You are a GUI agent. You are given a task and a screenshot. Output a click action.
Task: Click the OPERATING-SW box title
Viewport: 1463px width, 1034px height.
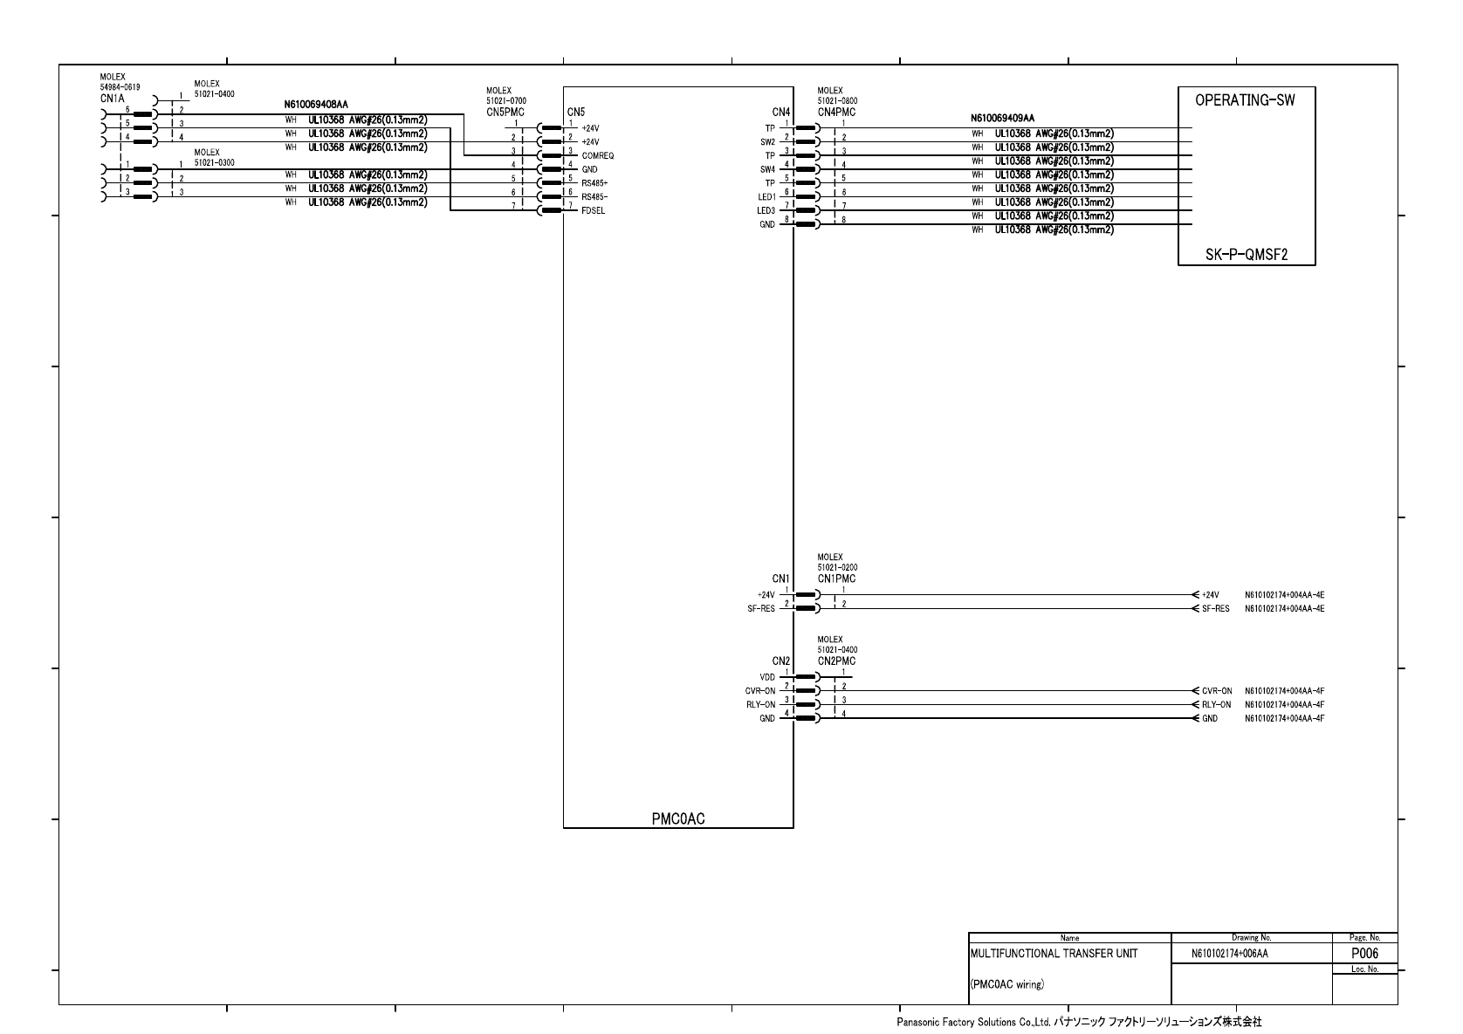pyautogui.click(x=1245, y=99)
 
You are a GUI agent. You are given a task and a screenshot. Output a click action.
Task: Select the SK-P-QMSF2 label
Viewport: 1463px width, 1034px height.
pyautogui.click(x=1247, y=256)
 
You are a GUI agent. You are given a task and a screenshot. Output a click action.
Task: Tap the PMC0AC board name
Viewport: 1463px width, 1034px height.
pyautogui.click(x=677, y=818)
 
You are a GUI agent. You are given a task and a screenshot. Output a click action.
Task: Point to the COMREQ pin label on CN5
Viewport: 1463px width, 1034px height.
pyautogui.click(x=598, y=155)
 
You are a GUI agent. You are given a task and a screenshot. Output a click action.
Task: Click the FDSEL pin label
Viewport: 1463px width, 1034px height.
pyautogui.click(x=594, y=210)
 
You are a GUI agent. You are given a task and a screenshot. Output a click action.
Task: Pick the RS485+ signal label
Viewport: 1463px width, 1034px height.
pyautogui.click(x=594, y=183)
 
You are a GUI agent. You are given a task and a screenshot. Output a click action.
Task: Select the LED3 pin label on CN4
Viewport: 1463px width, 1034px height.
pyautogui.click(x=766, y=210)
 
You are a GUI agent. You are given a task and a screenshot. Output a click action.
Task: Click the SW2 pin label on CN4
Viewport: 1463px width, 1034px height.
pyautogui.click(x=767, y=141)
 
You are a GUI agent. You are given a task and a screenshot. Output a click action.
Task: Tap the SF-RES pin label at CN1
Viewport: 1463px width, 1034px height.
pyautogui.click(x=755, y=609)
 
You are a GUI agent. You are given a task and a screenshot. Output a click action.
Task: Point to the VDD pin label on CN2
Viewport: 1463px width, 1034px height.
pyautogui.click(x=767, y=677)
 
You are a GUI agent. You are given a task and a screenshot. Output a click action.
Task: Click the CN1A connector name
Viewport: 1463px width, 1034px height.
pyautogui.click(x=113, y=99)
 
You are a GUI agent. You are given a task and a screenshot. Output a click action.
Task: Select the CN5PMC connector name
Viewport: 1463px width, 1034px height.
pyautogui.click(x=505, y=112)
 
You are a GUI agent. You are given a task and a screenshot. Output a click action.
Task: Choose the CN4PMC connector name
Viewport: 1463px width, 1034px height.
pyautogui.click(x=836, y=112)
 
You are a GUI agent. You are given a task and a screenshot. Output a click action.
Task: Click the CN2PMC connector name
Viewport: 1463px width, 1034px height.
pyautogui.click(x=836, y=661)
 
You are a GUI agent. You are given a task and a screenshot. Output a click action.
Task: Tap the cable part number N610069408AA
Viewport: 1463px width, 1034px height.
pyautogui.click(x=316, y=105)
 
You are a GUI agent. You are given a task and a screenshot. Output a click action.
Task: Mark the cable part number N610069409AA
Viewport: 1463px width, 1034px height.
pyautogui.click(x=1002, y=118)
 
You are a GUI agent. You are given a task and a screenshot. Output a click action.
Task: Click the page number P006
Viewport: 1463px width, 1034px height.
pyautogui.click(x=1364, y=954)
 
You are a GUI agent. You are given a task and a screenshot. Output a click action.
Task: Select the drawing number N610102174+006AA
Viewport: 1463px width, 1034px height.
pyautogui.click(x=1230, y=955)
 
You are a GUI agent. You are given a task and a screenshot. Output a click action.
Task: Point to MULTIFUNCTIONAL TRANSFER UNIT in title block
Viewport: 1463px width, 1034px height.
pyautogui.click(x=1054, y=954)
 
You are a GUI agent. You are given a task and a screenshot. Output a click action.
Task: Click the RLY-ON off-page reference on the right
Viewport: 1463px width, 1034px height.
pyautogui.click(x=1216, y=704)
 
